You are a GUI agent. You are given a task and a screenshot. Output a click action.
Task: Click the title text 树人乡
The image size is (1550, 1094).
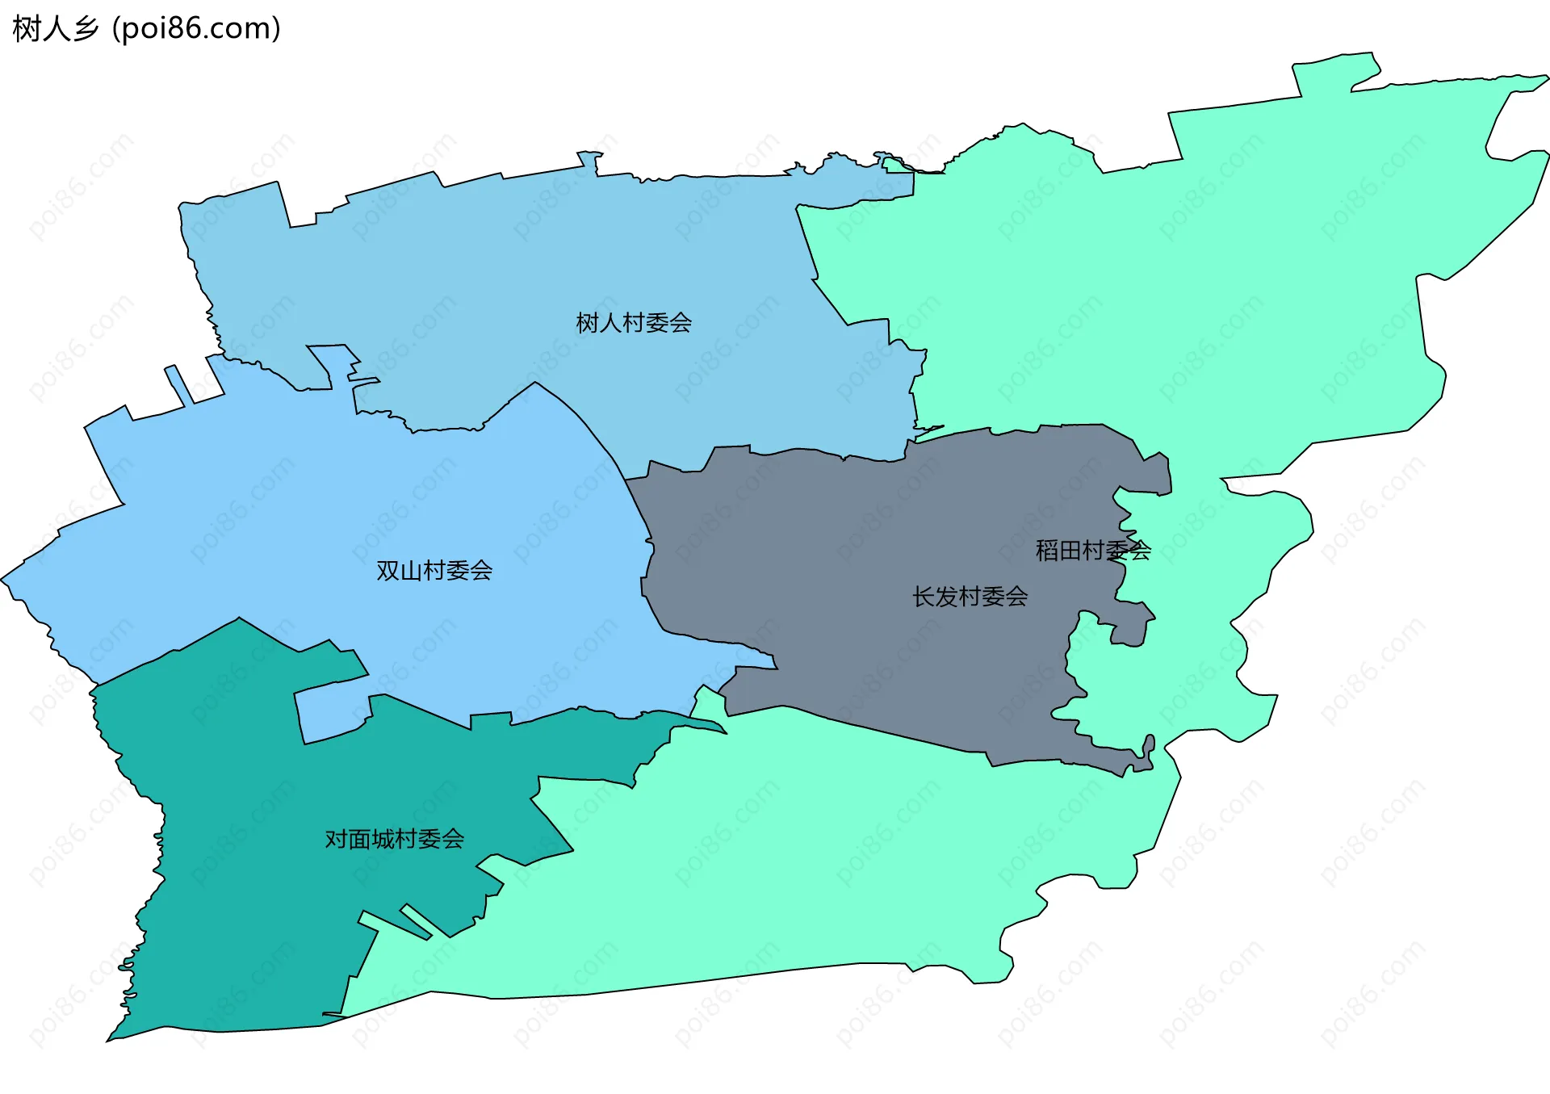point(55,29)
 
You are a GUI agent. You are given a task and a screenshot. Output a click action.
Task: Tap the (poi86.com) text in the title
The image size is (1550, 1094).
point(196,29)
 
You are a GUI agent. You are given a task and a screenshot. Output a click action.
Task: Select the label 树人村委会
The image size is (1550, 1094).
point(634,323)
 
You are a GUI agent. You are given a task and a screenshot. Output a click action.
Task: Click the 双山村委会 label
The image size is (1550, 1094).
point(434,571)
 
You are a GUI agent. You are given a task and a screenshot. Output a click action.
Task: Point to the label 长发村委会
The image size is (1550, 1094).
point(970,597)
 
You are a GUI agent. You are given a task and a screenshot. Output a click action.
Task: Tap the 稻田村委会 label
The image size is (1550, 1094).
point(1093,551)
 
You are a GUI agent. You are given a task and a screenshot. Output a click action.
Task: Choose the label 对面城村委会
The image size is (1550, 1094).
point(394,840)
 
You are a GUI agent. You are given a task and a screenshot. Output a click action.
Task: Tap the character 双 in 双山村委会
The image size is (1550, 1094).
point(388,571)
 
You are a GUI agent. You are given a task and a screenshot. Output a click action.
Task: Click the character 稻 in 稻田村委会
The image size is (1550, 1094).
point(1048,551)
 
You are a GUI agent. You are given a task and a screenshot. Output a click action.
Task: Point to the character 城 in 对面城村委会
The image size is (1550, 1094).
point(383,840)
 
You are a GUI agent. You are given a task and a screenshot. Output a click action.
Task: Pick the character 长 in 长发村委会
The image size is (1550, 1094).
point(924,597)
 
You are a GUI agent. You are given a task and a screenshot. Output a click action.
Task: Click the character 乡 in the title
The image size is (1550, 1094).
point(85,29)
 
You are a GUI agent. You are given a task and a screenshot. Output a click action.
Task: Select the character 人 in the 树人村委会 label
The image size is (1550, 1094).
point(610,323)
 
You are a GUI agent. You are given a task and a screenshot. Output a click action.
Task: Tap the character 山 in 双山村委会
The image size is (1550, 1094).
point(411,571)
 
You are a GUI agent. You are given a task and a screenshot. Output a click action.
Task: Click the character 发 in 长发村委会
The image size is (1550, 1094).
point(947,597)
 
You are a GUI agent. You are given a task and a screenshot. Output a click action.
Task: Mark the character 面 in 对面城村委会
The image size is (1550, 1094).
point(359,840)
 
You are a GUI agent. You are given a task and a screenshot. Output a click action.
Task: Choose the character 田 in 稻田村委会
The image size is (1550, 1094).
point(1070,551)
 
